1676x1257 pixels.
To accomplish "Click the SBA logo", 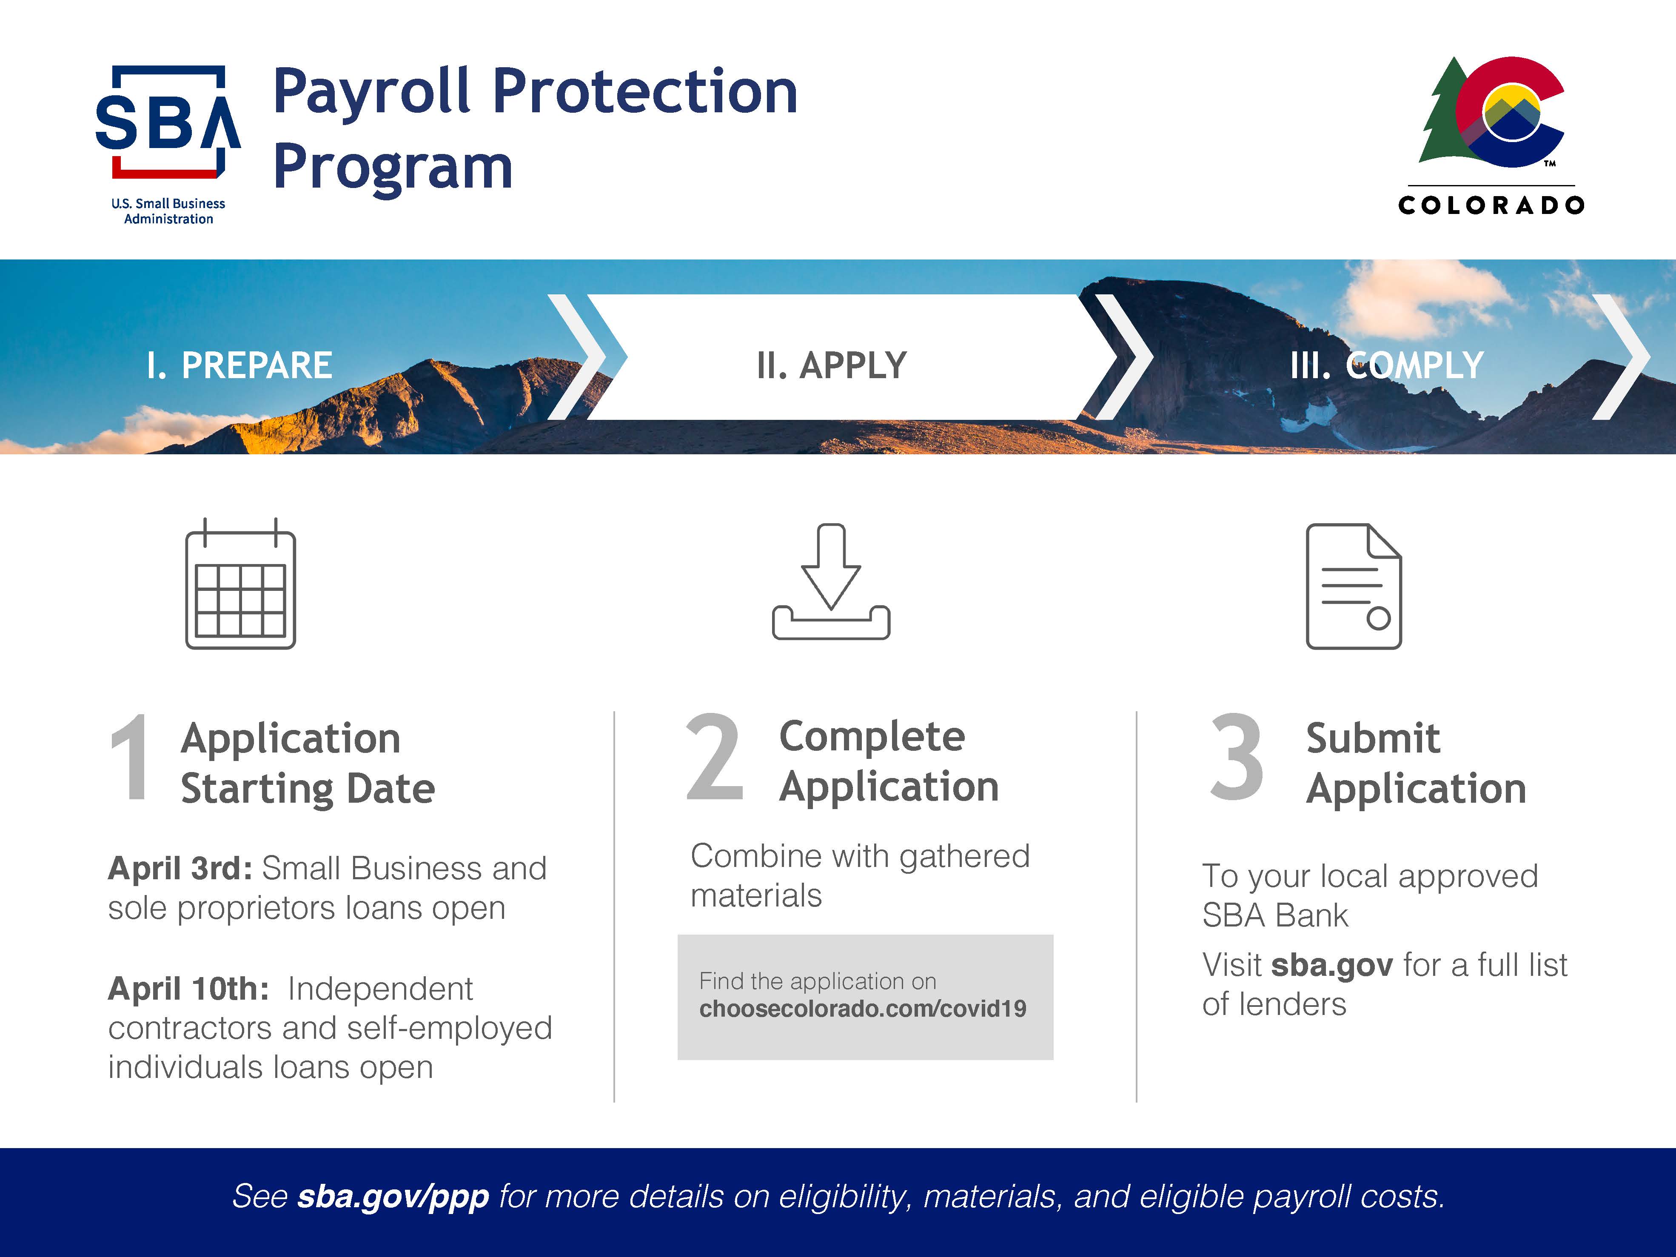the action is click(168, 144).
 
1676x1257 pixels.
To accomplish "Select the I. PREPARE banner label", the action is click(239, 365).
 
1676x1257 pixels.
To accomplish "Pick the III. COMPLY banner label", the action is click(1387, 365).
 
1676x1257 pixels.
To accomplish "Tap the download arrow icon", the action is click(831, 581).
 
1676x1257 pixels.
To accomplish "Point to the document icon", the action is click(1354, 586).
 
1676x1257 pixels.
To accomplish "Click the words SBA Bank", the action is click(1275, 915).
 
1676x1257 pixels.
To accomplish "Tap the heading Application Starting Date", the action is click(308, 764).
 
